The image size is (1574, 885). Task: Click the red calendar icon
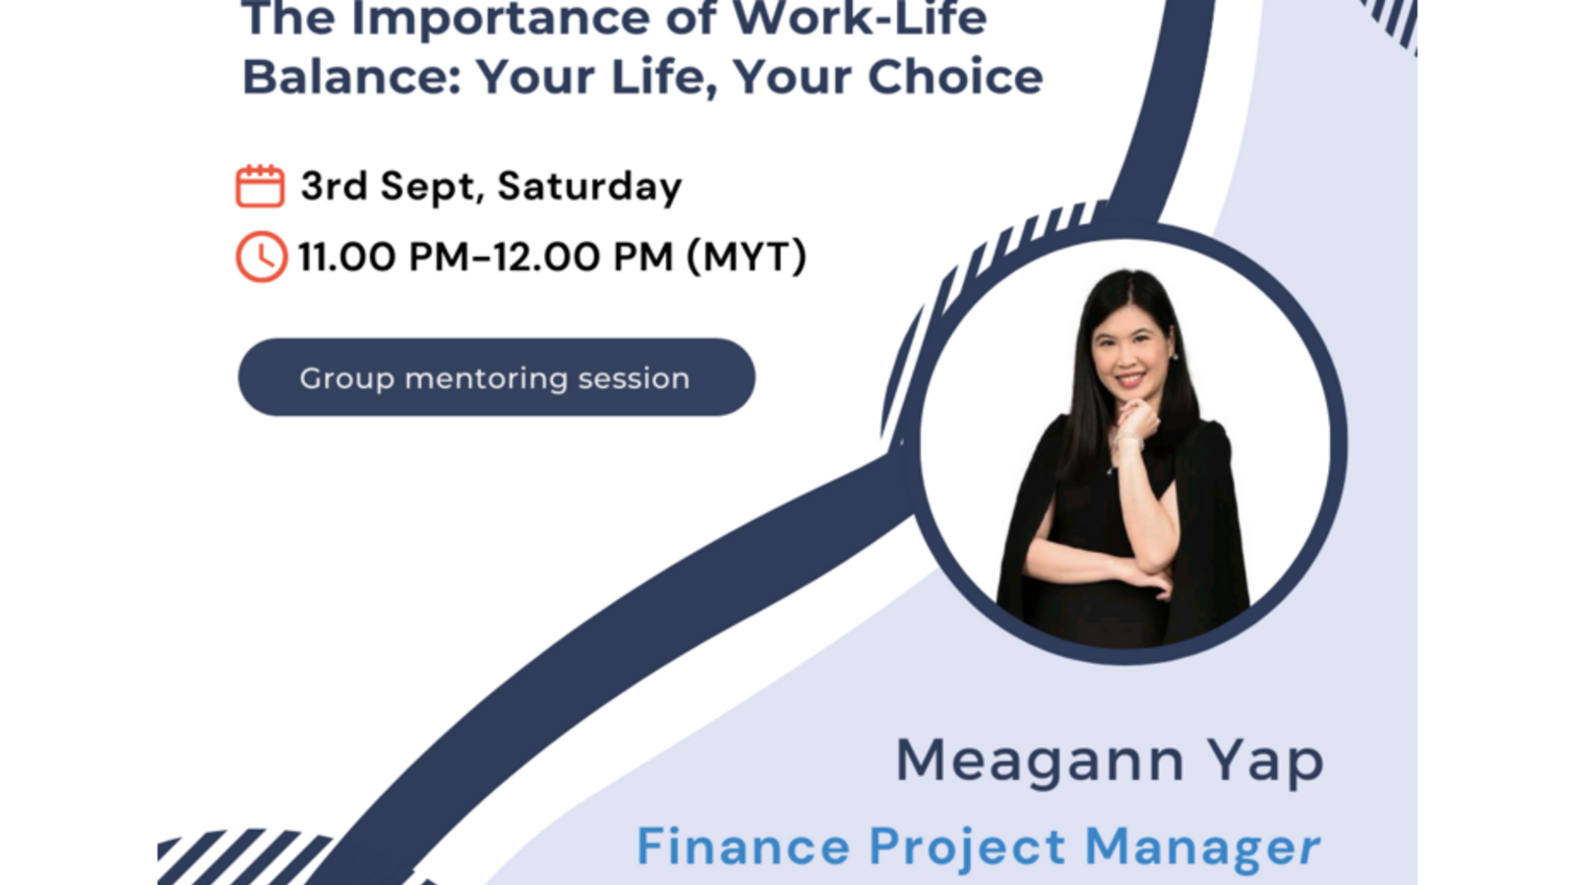click(x=260, y=186)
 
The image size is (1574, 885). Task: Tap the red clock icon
click(x=261, y=257)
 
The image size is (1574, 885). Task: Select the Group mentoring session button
click(x=496, y=378)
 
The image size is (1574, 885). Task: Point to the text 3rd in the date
click(x=333, y=186)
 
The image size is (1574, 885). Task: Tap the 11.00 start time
click(x=346, y=258)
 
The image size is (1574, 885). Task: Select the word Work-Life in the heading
click(x=860, y=20)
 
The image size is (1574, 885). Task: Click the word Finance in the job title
click(x=743, y=847)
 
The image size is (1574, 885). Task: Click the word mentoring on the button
click(x=486, y=379)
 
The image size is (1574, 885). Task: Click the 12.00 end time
click(x=546, y=258)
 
